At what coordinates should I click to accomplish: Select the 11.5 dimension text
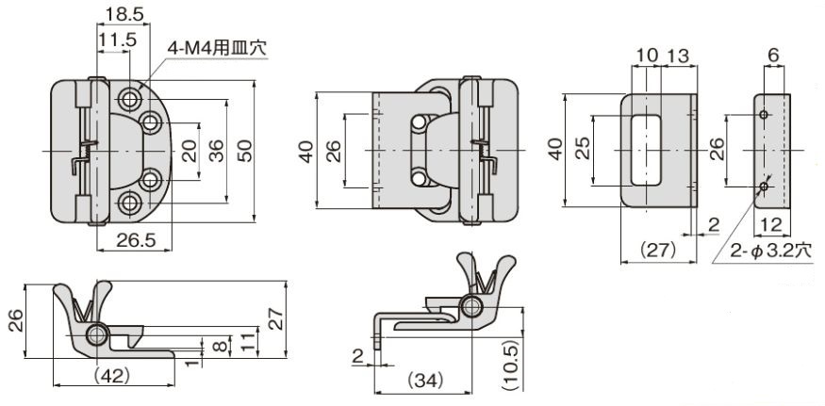118,39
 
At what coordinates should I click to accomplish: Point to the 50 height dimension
245,150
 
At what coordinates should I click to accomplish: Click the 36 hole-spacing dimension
216,150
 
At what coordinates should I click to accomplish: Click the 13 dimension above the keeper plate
677,57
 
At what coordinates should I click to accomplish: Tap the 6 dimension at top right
773,57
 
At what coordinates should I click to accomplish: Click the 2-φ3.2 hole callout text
771,252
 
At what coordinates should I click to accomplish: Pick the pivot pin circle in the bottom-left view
97,336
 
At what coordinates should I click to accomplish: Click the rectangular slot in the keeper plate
645,149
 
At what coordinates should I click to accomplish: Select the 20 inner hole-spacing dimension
189,150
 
